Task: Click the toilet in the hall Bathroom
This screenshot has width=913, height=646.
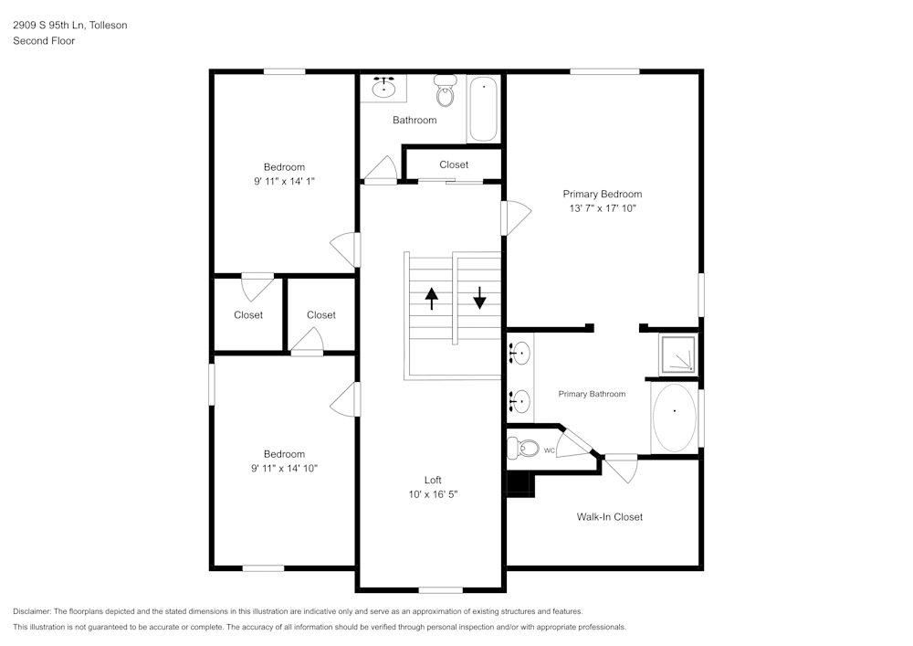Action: pos(446,92)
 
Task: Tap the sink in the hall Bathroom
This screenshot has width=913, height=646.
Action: pos(383,88)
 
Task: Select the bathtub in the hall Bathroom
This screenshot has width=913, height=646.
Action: pos(484,109)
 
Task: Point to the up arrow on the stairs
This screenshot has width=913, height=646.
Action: pos(431,299)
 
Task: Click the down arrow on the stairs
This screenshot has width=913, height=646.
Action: pos(479,298)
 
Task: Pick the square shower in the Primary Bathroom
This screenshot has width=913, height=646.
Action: pos(677,355)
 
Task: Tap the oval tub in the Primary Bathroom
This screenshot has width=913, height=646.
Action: pos(675,418)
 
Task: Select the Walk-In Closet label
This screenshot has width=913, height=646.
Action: pos(609,517)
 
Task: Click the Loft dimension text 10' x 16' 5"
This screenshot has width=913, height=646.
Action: pos(433,494)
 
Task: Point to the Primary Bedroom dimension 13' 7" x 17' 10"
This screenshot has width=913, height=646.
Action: pos(602,208)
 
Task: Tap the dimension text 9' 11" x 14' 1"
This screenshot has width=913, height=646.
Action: pos(284,181)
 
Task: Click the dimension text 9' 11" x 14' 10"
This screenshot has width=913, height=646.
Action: pos(284,468)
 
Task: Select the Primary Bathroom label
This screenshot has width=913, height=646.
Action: pos(592,394)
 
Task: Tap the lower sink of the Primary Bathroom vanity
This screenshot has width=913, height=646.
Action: pos(520,400)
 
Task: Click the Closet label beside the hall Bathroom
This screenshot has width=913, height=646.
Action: pos(454,164)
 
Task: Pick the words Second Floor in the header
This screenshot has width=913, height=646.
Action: pos(44,41)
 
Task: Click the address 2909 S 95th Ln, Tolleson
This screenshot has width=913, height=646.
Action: pos(70,26)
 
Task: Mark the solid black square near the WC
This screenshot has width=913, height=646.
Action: pos(519,484)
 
